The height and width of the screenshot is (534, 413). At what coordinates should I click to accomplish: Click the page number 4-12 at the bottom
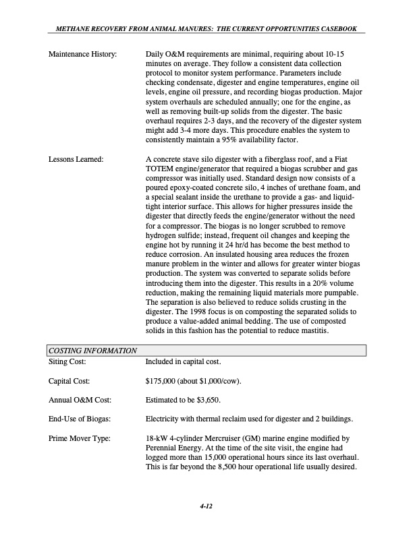click(206, 506)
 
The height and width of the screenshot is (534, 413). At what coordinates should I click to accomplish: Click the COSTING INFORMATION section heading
click(93, 351)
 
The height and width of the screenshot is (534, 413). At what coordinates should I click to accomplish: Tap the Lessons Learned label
click(75, 159)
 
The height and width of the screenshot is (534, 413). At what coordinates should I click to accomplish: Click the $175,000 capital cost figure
click(163, 381)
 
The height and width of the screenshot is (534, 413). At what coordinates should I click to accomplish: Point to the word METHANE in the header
click(67, 28)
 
